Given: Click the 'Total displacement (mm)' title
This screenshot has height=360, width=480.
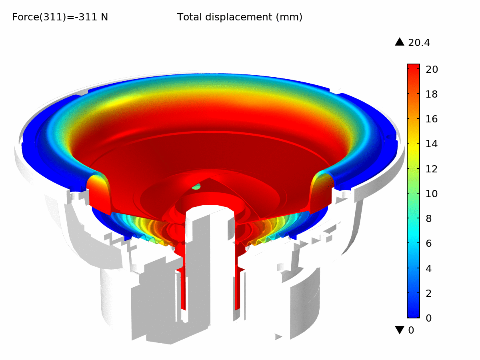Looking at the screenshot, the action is point(240,17).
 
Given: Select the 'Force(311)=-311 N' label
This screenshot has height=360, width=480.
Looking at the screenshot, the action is point(60,17).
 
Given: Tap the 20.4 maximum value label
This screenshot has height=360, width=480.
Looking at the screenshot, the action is point(419,43).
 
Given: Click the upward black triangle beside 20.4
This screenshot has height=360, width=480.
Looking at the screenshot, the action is point(400,42).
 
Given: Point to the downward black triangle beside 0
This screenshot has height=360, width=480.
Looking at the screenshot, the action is point(400,330).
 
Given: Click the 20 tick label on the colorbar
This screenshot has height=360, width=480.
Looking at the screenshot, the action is point(432,70).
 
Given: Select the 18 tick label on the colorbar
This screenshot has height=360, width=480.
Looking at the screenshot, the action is point(432,94).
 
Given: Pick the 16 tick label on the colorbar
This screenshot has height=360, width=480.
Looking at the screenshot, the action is point(432,119).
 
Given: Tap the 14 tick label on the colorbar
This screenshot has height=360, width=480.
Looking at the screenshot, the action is point(432,144).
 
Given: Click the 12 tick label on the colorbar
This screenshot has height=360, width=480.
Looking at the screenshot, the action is point(432,169).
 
